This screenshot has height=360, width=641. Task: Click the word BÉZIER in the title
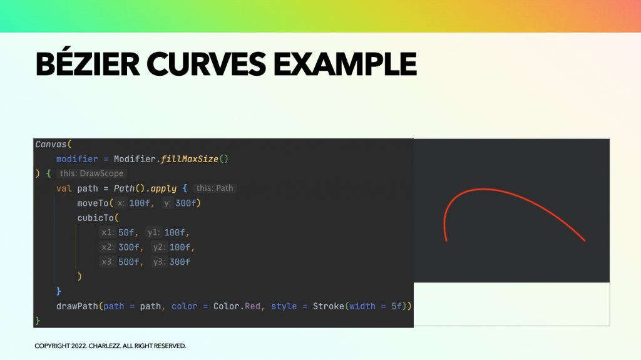coord(88,64)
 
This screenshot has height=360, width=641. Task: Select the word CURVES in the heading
coord(206,64)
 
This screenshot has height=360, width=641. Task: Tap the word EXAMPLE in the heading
coord(345,64)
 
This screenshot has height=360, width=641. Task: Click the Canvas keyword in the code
coord(51,145)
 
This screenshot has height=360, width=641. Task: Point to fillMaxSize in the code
coord(189,159)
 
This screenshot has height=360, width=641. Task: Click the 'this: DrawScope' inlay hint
coord(91,173)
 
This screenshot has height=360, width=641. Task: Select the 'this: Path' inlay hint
coord(215,188)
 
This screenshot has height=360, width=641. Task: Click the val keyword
coord(64,188)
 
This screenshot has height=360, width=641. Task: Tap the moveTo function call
coord(93,203)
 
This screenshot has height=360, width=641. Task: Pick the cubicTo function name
coord(95,218)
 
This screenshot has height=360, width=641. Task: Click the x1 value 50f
coord(126,233)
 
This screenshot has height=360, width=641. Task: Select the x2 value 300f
coord(129,247)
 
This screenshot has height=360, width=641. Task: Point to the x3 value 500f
coord(129,262)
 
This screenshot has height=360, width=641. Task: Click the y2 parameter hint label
coord(158,247)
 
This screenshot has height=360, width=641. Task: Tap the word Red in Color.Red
coord(252,306)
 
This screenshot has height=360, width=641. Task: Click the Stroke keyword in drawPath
coord(329,306)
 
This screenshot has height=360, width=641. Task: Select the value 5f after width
coord(396,306)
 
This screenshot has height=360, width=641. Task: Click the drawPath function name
coord(77,306)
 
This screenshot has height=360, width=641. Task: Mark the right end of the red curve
coord(585,240)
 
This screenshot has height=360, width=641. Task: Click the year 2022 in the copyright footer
coord(79,346)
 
